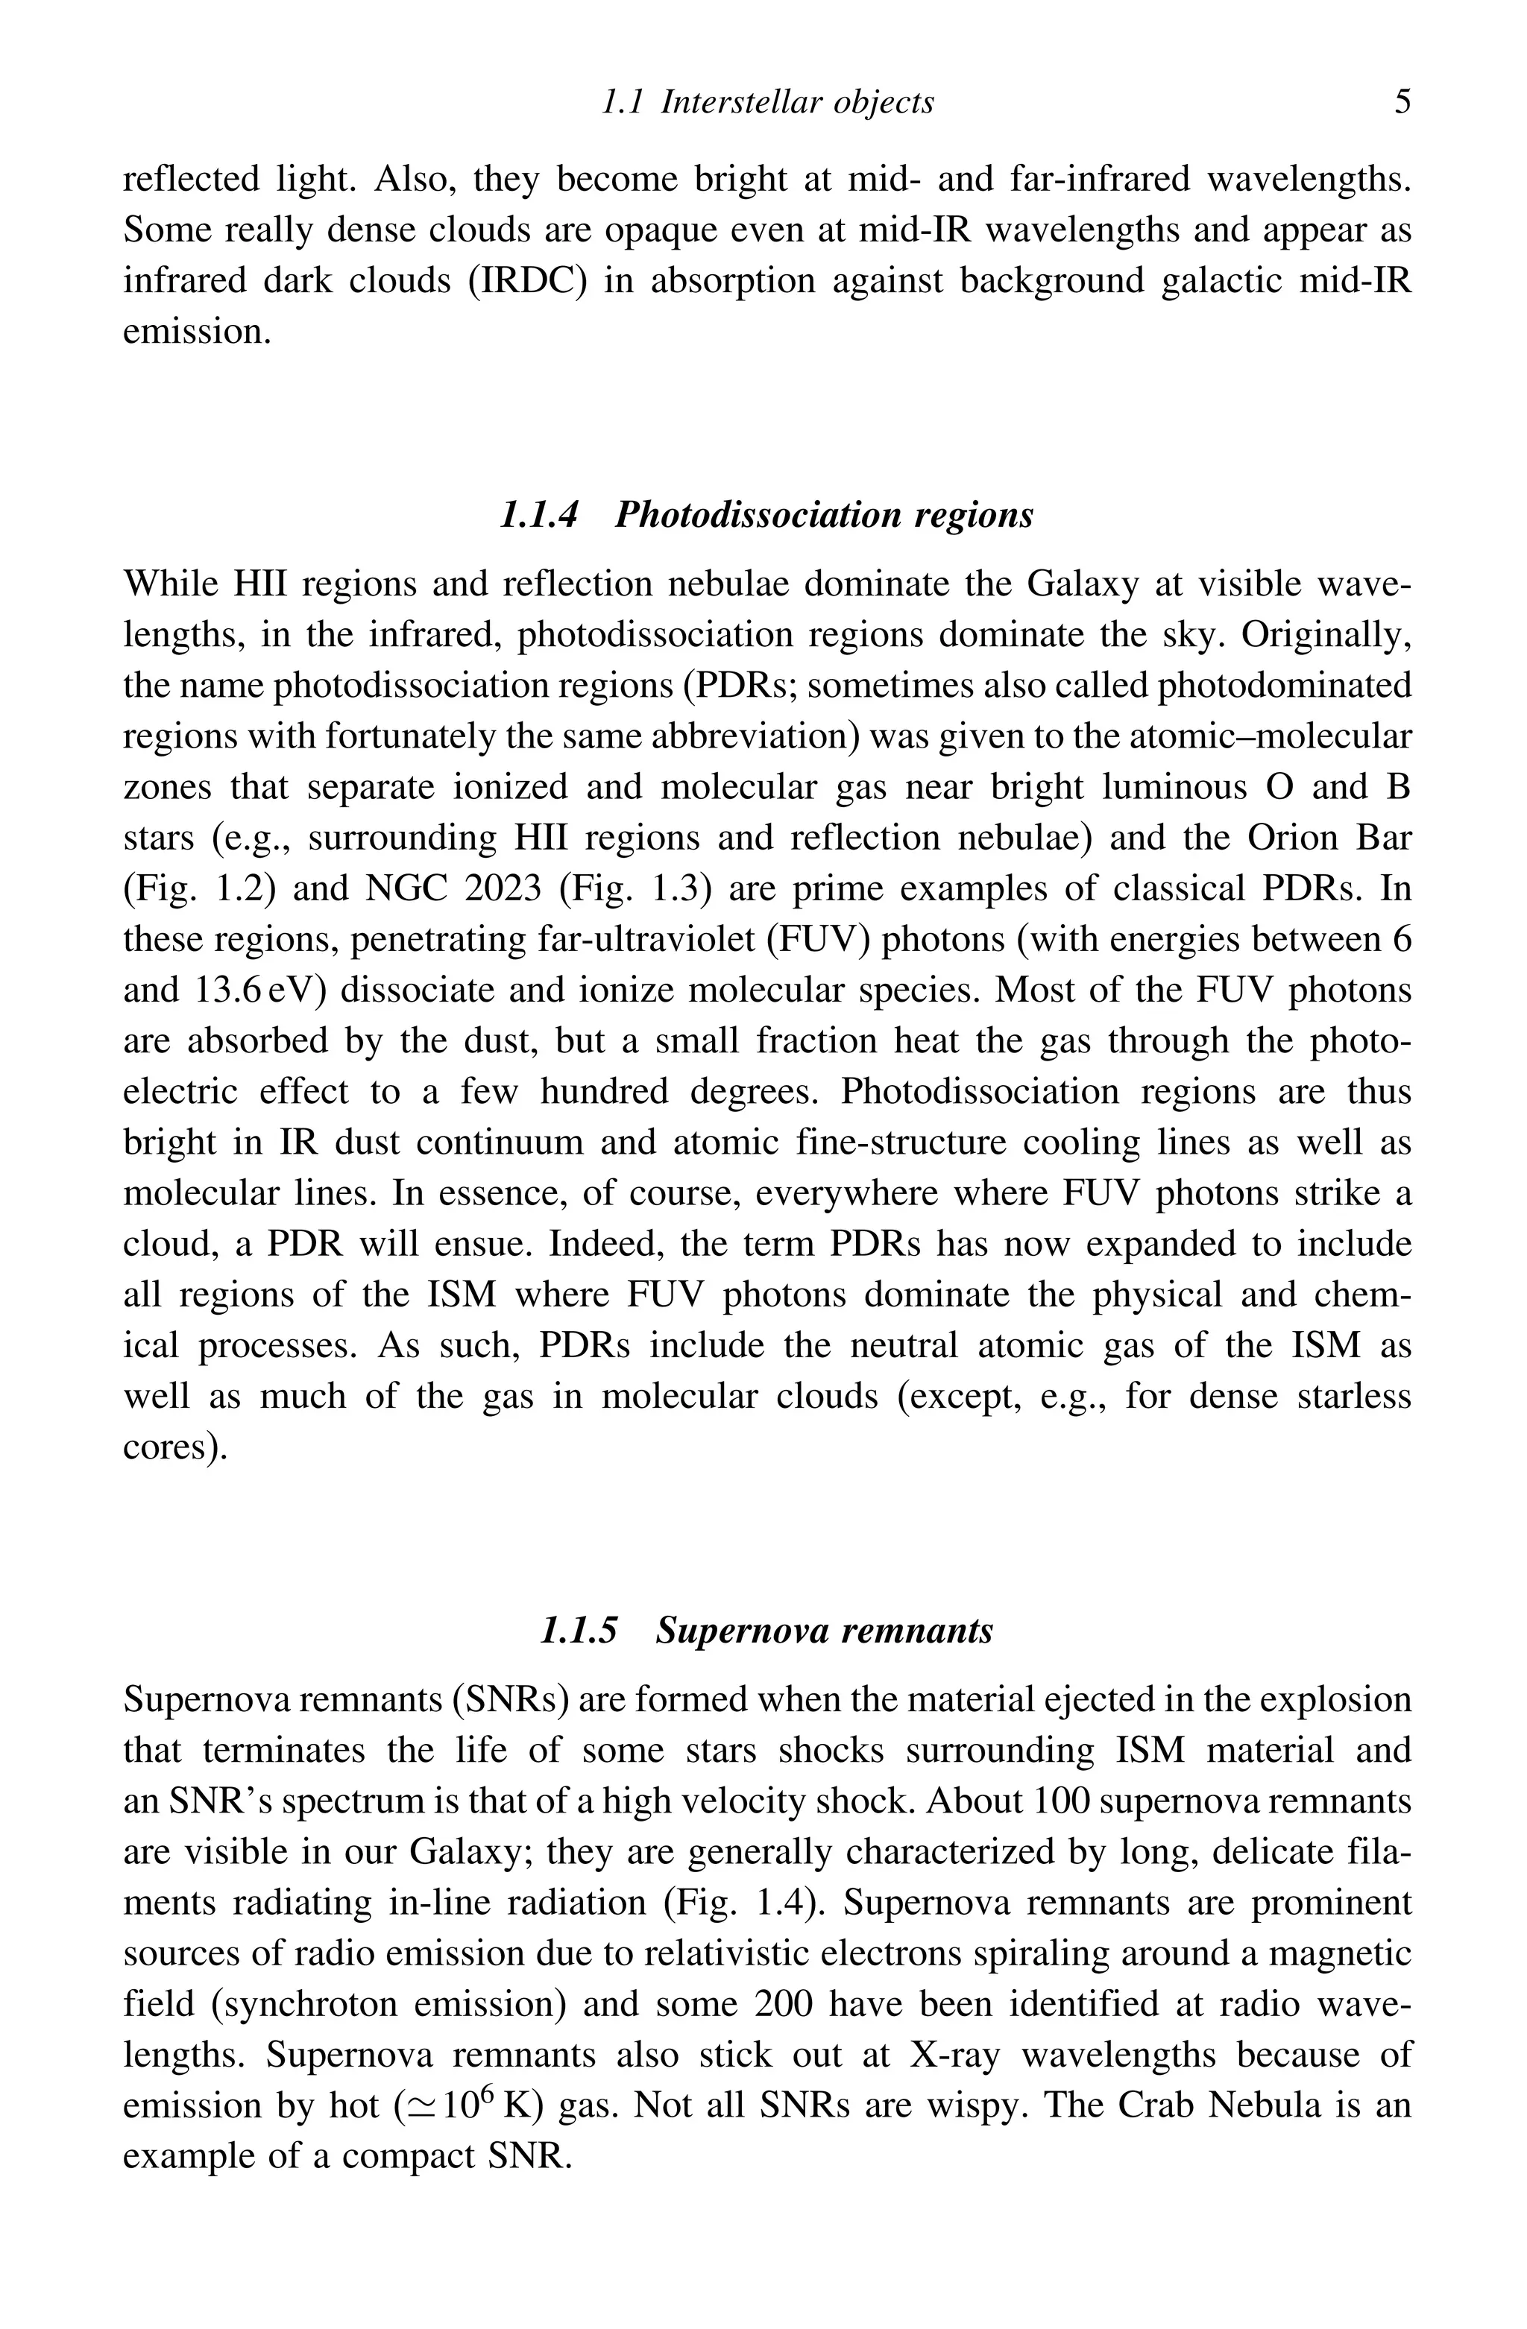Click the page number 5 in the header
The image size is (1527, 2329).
coord(1402,102)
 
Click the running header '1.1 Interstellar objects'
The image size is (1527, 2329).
coord(766,102)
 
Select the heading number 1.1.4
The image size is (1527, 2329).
coord(538,515)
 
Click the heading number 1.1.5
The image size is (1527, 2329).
coord(579,1631)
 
